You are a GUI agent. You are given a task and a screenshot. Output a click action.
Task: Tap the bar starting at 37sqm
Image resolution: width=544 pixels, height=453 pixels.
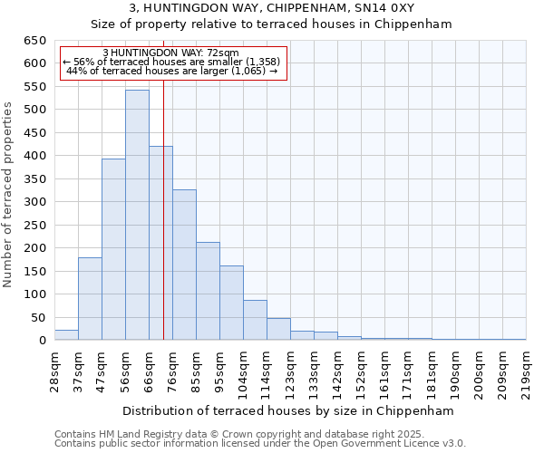click(90, 299)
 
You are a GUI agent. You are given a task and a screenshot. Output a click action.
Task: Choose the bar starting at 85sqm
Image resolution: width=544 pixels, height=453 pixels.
click(208, 291)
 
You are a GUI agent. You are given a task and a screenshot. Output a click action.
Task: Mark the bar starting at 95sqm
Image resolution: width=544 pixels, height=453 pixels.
click(231, 303)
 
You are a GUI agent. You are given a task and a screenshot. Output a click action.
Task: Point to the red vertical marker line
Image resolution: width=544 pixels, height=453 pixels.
click(163, 226)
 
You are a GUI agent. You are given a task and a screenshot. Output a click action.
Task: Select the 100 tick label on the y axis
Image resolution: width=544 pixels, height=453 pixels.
click(35, 294)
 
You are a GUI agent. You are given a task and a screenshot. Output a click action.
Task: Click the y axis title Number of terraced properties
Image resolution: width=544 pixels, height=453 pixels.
click(9, 195)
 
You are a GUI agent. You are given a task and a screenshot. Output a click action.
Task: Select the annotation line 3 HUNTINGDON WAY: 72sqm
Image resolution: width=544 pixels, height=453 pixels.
click(171, 53)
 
